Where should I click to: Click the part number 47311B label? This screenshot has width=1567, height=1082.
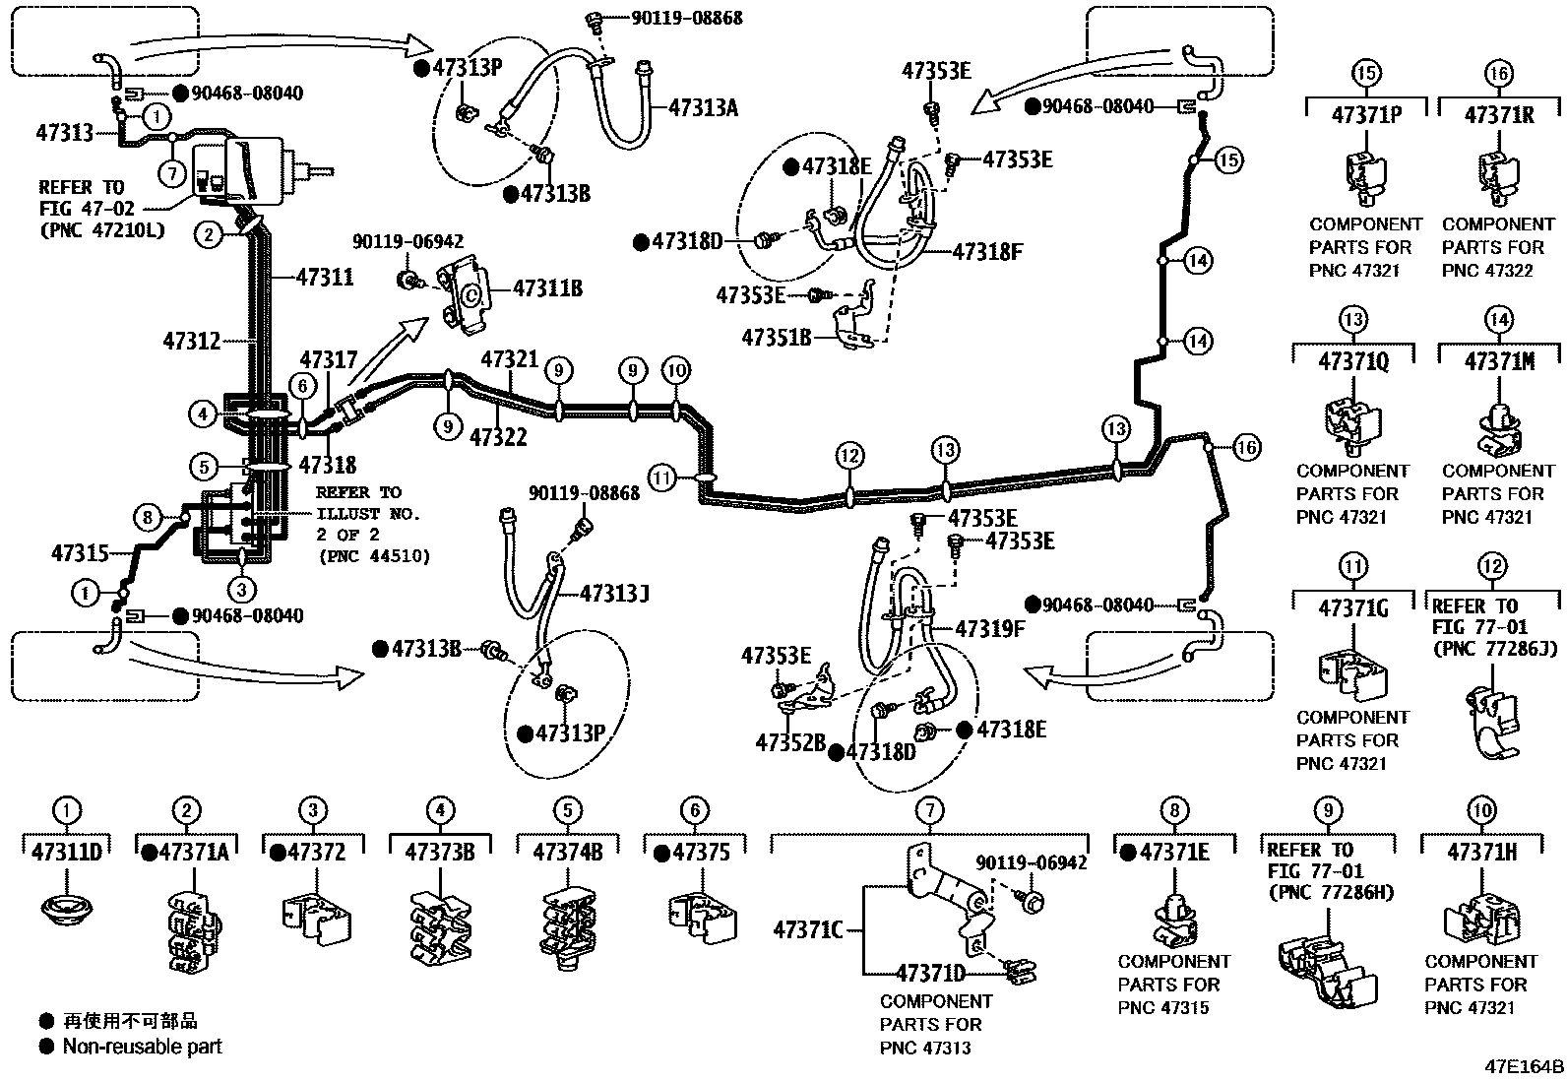pos(547,288)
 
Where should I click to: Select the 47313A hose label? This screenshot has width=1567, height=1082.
pos(703,108)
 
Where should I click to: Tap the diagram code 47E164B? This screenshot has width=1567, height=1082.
pos(1525,1067)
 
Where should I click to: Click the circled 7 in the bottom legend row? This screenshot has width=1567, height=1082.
pos(929,811)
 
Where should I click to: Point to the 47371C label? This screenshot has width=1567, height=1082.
pos(807,928)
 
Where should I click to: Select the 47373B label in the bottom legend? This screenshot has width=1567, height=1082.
pos(439,852)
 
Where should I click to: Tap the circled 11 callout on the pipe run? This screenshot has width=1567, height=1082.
pos(663,478)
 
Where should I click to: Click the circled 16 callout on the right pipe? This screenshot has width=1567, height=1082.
pos(1246,448)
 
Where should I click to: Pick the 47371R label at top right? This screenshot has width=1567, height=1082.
pos(1499,115)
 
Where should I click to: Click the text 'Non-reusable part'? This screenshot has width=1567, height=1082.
pos(142,1047)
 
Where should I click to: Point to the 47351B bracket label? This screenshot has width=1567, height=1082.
pos(776,337)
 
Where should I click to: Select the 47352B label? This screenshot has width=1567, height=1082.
pos(790,742)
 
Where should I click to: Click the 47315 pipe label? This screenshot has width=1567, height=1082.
pos(80,554)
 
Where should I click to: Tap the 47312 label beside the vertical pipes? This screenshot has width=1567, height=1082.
pos(192,342)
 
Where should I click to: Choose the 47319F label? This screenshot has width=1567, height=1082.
pos(990,628)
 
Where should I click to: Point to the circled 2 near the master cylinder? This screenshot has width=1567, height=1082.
pos(208,234)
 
